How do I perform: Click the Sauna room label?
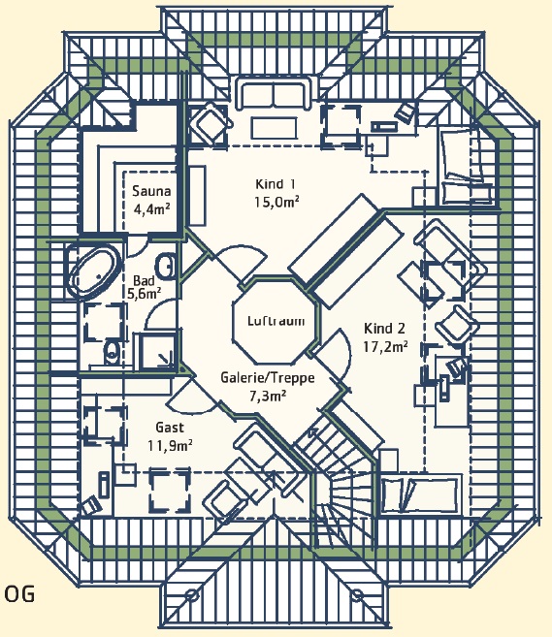click(151, 191)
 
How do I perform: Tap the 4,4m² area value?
click(151, 208)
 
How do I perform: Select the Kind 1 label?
click(276, 184)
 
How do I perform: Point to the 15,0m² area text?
click(277, 202)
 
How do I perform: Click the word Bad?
click(144, 281)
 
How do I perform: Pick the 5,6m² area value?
click(145, 293)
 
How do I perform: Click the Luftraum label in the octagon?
click(276, 321)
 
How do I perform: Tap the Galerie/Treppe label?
click(268, 378)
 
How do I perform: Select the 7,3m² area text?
click(268, 395)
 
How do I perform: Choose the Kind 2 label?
click(384, 329)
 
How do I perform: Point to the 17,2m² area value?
click(385, 346)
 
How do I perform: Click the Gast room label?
click(170, 428)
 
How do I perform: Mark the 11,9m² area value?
click(170, 445)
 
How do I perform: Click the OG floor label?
click(19, 594)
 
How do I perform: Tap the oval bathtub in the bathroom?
click(95, 271)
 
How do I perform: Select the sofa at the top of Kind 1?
click(275, 95)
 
